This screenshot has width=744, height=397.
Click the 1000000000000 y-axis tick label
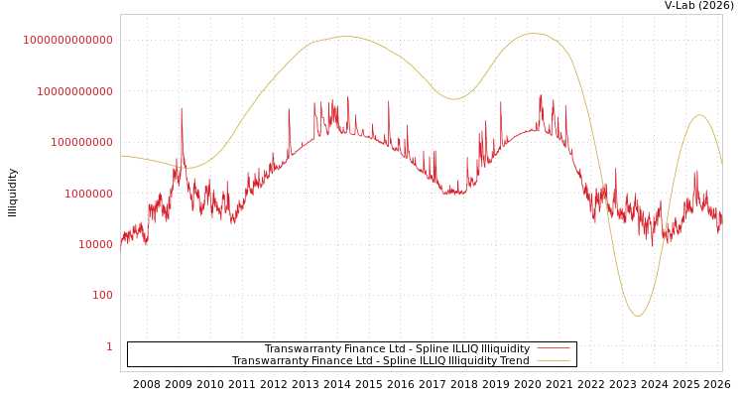click(67, 40)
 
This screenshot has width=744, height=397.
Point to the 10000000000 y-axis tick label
click(74, 91)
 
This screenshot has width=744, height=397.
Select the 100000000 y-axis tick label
click(81, 142)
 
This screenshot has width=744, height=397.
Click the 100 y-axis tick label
click(102, 295)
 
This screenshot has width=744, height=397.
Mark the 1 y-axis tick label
click(109, 346)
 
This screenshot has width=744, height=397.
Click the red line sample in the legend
click(554, 349)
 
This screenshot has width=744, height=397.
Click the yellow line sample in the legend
click(554, 361)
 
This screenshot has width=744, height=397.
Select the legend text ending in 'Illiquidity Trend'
click(380, 361)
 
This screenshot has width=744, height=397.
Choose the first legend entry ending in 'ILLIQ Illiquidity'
click(397, 349)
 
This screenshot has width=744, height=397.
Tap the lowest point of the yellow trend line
click(638, 316)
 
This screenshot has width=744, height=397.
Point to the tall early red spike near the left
click(182, 108)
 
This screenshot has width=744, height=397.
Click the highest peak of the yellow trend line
click(534, 34)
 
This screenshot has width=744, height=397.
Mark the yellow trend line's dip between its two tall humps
click(453, 99)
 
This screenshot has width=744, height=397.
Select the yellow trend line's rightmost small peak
click(699, 115)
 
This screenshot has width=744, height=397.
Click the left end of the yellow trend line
click(121, 156)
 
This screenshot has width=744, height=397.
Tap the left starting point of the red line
click(121, 240)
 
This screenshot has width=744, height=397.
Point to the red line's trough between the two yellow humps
click(453, 193)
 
